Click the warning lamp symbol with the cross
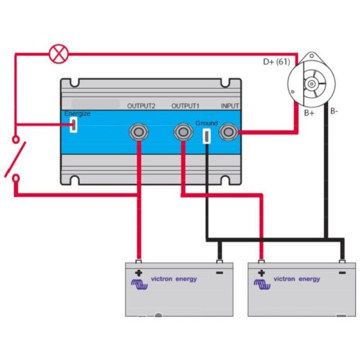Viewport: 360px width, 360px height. point(59,55)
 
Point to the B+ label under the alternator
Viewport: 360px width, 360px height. point(309,112)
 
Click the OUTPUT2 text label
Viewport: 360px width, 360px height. point(141,106)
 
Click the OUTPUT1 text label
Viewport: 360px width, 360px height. point(185,106)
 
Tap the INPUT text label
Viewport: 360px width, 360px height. point(230,106)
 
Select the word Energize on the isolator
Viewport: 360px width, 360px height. point(77,113)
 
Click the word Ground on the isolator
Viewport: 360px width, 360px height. point(206,123)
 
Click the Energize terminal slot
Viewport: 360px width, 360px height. point(73,125)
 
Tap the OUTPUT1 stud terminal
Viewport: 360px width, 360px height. point(182,131)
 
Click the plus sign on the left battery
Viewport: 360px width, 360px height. point(139,273)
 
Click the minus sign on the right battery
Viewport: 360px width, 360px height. point(342,273)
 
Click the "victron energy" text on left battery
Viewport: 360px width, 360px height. point(173,279)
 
